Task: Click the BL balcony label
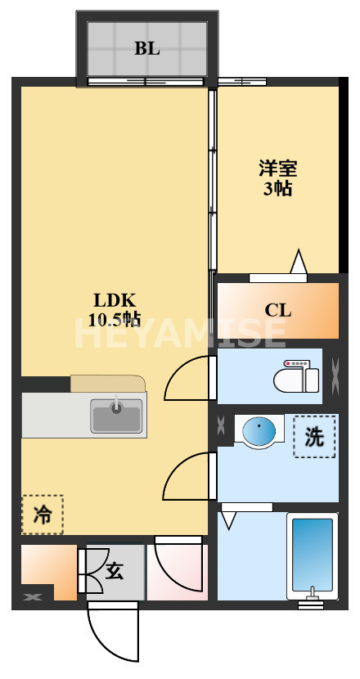147,47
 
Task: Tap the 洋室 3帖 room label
278,178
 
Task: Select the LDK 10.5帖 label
115,308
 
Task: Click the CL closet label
278,311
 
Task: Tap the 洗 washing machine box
314,437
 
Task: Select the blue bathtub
312,553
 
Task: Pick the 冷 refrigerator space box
42,515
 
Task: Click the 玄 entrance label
115,571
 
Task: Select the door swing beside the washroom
187,477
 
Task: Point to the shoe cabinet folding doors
87,571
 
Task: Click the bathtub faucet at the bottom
312,599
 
